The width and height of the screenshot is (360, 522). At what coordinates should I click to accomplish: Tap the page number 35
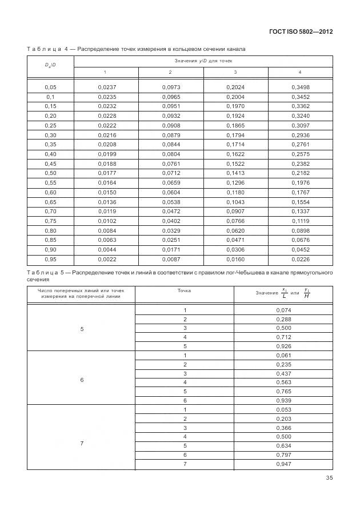pos(329,479)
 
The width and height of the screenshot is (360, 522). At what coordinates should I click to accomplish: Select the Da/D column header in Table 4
pos(50,65)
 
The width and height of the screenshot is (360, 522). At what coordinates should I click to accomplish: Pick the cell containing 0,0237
pos(107,87)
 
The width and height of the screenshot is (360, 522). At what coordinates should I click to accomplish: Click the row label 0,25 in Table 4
pos(50,125)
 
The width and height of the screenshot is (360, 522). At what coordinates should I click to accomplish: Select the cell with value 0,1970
pos(235,106)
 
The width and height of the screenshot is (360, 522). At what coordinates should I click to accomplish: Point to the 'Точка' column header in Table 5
pos(185,290)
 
